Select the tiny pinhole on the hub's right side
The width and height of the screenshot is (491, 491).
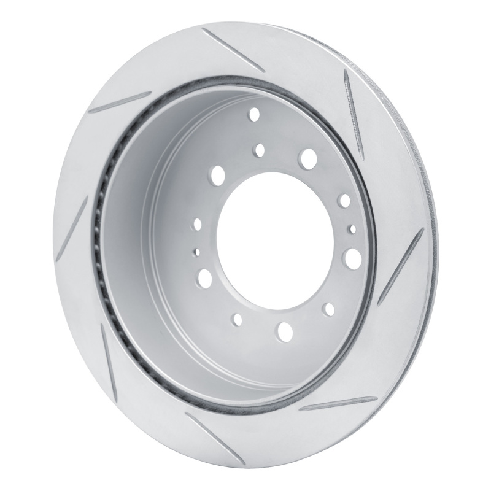click(x=352, y=229)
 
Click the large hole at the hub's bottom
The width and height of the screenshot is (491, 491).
click(x=285, y=331)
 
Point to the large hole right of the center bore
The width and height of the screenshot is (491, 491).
click(x=352, y=256)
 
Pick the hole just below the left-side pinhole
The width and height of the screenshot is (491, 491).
click(x=203, y=279)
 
